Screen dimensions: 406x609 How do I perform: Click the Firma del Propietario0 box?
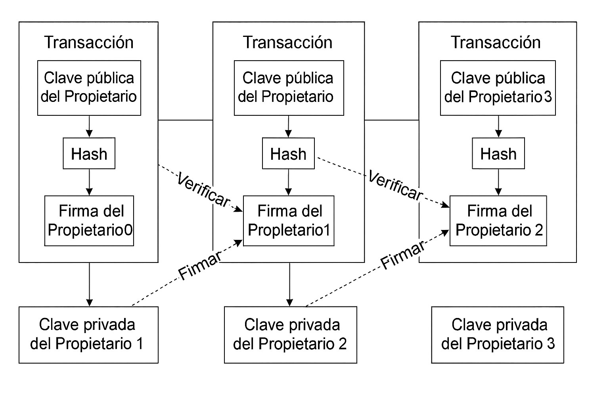(x=89, y=220)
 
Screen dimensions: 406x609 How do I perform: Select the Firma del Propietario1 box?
(x=289, y=220)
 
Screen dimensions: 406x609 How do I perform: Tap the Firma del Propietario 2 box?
(x=498, y=220)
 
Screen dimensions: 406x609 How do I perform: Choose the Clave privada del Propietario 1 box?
(x=88, y=335)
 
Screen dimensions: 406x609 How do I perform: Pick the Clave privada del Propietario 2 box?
(x=291, y=335)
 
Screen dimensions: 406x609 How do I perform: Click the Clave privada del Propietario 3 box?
(x=498, y=335)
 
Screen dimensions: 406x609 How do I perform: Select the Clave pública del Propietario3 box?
(x=498, y=88)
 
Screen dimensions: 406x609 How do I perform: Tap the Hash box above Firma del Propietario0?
(x=89, y=153)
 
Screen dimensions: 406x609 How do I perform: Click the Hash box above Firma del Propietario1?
(x=288, y=153)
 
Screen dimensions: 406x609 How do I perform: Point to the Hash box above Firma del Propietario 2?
(x=498, y=153)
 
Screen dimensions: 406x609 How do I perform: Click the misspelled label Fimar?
(x=199, y=266)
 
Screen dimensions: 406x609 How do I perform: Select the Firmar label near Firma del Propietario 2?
(x=403, y=255)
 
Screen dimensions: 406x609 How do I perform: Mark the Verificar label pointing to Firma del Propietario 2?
(x=395, y=185)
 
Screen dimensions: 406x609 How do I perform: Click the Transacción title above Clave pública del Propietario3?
(x=496, y=42)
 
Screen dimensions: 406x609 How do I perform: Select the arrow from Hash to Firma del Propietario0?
(x=90, y=182)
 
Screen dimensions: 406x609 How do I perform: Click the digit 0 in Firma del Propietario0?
(x=128, y=230)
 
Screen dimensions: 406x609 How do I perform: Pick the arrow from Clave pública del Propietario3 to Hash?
(x=499, y=126)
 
